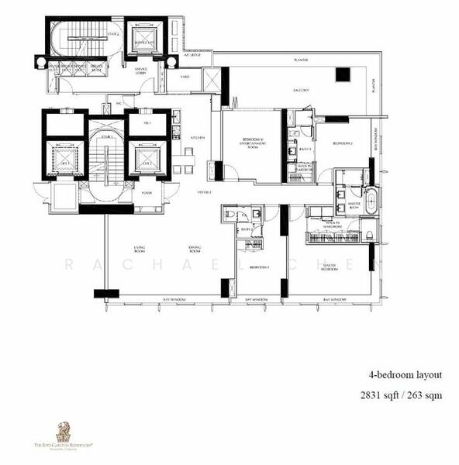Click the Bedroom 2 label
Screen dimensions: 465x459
point(343,144)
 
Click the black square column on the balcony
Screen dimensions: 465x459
point(342,74)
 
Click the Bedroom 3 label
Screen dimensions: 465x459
point(257,267)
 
